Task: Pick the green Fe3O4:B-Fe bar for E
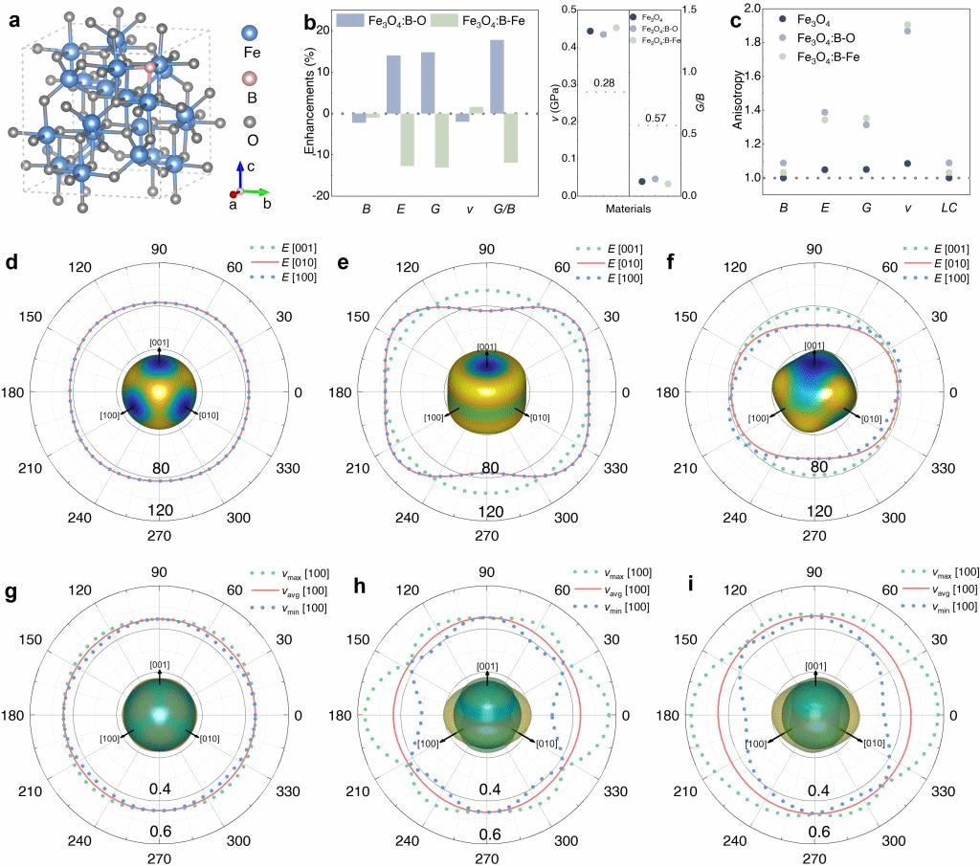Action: [x=407, y=140]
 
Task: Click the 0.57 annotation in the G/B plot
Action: [x=657, y=118]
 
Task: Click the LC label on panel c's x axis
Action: [x=948, y=207]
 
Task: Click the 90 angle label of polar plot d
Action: [x=159, y=250]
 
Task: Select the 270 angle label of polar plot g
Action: [x=159, y=858]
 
